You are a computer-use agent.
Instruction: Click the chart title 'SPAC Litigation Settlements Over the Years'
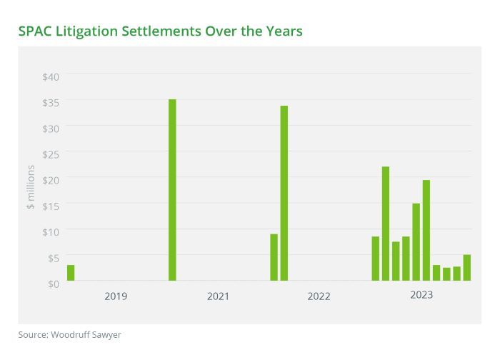click(161, 31)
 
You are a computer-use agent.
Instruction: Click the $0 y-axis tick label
click(53, 284)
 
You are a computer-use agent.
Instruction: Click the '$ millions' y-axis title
click(30, 187)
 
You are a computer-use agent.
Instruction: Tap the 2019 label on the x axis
click(116, 296)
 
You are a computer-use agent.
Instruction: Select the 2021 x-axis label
click(217, 296)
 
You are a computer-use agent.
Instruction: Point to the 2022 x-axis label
click(319, 296)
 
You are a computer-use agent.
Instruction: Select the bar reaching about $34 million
click(284, 194)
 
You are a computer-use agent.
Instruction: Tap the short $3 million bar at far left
click(71, 273)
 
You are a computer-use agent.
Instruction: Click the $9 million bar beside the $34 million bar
click(274, 257)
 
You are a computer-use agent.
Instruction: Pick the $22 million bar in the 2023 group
click(385, 224)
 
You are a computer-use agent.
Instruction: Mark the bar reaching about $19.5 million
click(426, 230)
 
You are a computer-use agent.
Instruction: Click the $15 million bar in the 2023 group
click(416, 242)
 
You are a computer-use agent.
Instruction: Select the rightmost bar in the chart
click(466, 268)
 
